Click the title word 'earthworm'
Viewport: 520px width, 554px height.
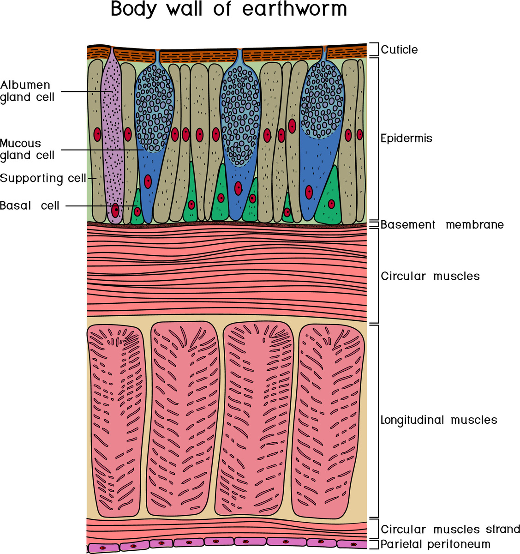294,9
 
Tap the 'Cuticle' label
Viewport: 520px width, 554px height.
399,50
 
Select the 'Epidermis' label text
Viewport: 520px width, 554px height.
406,138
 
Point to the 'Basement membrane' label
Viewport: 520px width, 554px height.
442,224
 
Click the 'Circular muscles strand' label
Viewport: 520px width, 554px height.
450,529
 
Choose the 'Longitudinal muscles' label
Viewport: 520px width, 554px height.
439,420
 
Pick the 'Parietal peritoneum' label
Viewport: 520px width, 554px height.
435,544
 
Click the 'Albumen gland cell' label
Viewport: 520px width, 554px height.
27,91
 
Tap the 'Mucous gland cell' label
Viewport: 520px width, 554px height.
27,150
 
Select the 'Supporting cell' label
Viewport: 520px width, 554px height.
43,178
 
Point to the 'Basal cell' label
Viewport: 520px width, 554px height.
30,206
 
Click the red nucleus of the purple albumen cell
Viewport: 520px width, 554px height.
115,211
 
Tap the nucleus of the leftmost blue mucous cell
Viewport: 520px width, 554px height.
148,181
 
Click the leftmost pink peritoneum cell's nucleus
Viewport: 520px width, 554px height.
103,548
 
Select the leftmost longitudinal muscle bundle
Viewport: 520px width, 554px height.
116,421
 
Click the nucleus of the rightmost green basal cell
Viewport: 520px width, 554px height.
331,204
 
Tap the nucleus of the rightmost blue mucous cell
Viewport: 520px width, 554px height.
309,192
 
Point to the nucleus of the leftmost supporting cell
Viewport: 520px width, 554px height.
97,134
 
